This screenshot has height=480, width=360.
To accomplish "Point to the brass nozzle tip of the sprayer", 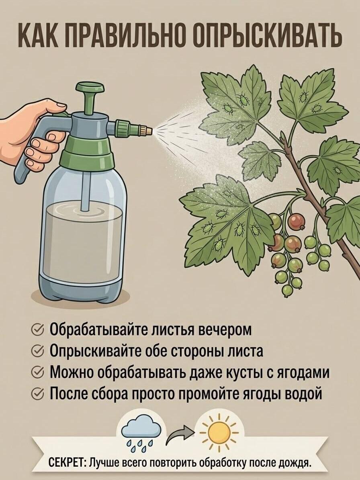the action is click(148, 130).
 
